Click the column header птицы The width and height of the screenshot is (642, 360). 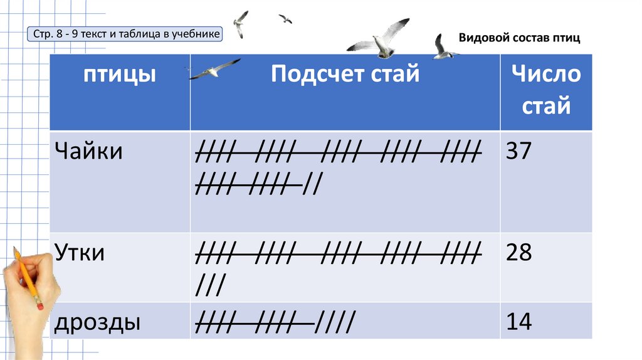click(120, 75)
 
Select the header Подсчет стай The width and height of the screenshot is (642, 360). click(345, 75)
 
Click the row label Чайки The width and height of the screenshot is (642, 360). click(88, 151)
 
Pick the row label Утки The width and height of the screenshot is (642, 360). click(79, 253)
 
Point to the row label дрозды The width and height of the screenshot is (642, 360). click(97, 322)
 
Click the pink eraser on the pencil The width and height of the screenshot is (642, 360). click(39, 305)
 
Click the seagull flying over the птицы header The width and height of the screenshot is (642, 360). click(214, 69)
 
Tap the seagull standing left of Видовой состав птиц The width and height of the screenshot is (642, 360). click(444, 48)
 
